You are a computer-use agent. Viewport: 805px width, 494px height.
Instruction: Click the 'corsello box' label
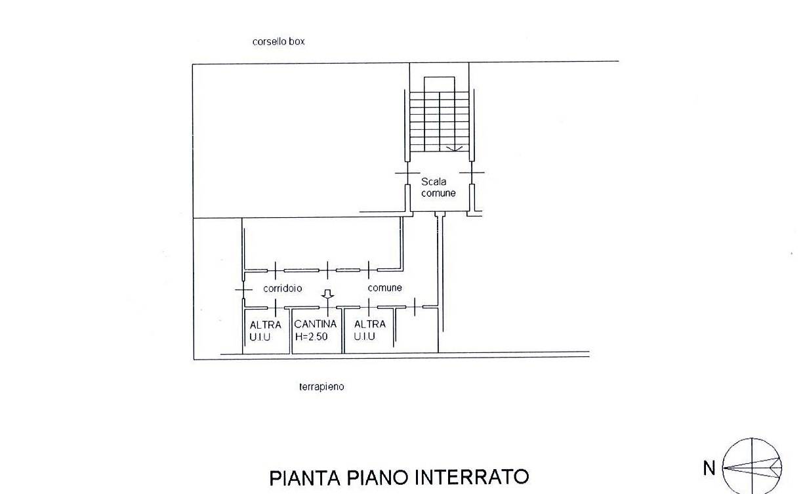click(278, 41)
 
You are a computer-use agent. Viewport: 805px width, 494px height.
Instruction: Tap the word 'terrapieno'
click(321, 387)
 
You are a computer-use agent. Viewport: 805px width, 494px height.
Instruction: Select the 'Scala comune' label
click(438, 187)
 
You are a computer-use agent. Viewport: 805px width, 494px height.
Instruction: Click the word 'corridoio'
click(283, 288)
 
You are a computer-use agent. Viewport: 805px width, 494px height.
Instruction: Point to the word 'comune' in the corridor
click(384, 288)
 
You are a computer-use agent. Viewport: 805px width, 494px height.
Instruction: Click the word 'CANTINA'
click(316, 324)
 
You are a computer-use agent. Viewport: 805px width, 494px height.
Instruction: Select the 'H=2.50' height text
click(311, 337)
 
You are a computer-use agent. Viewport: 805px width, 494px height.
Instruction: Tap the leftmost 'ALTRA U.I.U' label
click(266, 330)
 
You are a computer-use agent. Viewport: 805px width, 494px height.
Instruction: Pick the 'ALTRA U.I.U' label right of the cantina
click(369, 330)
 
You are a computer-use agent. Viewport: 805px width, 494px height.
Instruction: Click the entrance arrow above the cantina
click(327, 296)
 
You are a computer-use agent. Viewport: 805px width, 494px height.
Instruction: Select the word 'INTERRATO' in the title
click(472, 477)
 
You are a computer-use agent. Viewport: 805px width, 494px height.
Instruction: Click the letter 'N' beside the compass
click(709, 468)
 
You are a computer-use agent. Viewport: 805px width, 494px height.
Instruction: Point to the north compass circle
click(752, 466)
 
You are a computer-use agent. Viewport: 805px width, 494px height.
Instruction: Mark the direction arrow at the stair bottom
click(451, 148)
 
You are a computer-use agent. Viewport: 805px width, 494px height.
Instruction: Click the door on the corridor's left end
click(243, 289)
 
